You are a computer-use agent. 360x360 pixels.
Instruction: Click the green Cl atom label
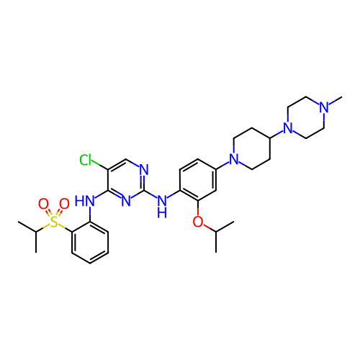(x=86, y=160)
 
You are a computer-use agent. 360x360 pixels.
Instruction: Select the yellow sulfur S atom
(x=54, y=222)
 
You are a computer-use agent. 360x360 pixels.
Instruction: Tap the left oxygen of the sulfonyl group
(x=43, y=204)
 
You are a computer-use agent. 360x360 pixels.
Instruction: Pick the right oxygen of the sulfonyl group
(x=64, y=204)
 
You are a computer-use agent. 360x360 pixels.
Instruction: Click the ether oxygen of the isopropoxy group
(x=198, y=222)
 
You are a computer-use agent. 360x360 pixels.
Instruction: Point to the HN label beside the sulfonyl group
(x=85, y=201)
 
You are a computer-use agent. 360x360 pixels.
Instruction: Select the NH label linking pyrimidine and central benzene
(x=162, y=207)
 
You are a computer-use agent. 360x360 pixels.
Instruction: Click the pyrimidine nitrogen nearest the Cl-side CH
(x=144, y=170)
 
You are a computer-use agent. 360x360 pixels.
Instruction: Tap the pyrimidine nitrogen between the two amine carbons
(x=126, y=201)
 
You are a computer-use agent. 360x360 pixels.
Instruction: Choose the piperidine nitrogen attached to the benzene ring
(x=234, y=159)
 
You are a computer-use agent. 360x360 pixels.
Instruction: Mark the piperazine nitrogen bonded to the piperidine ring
(x=288, y=128)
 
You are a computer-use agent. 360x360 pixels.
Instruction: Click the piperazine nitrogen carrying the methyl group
(x=324, y=107)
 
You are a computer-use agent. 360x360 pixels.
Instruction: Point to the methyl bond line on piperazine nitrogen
(x=336, y=101)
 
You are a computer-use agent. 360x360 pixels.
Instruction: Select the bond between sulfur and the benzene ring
(x=65, y=228)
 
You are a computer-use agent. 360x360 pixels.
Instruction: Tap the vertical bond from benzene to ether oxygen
(x=198, y=208)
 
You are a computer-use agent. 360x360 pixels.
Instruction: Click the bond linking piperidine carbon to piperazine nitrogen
(x=276, y=135)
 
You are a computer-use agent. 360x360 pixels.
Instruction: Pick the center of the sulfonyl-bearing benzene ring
(x=90, y=243)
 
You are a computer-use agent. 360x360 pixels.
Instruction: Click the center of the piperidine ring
(x=252, y=148)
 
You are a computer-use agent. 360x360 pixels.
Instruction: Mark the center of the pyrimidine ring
(x=126, y=180)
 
